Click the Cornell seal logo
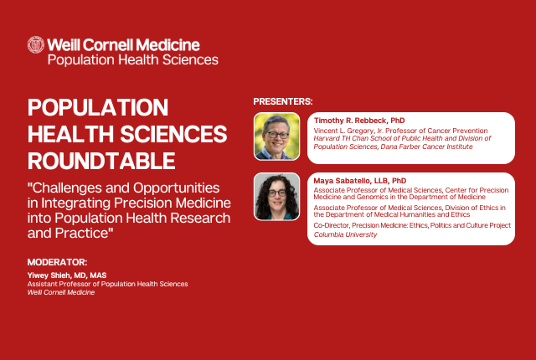click(36, 44)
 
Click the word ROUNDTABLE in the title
click(101, 161)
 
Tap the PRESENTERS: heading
click(283, 101)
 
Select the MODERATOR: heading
click(57, 262)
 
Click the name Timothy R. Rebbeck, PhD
click(359, 121)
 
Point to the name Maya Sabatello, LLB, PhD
click(360, 181)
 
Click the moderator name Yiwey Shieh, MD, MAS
click(67, 275)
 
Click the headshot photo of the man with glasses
click(277, 136)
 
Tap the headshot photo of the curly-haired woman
click(277, 197)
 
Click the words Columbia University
click(345, 234)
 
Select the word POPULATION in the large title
click(98, 107)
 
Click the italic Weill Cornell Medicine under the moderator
click(61, 292)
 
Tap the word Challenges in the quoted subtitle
click(65, 188)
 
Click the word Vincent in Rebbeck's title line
click(325, 131)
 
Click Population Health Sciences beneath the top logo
click(133, 59)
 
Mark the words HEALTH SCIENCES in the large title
click(127, 134)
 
